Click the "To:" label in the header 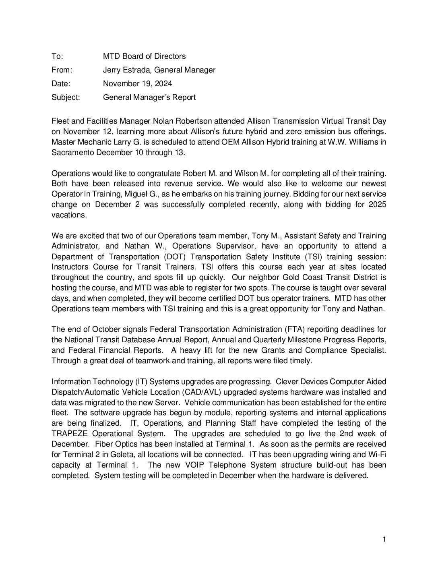point(57,56)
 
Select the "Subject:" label point(66,97)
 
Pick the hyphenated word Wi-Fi point(377,455)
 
